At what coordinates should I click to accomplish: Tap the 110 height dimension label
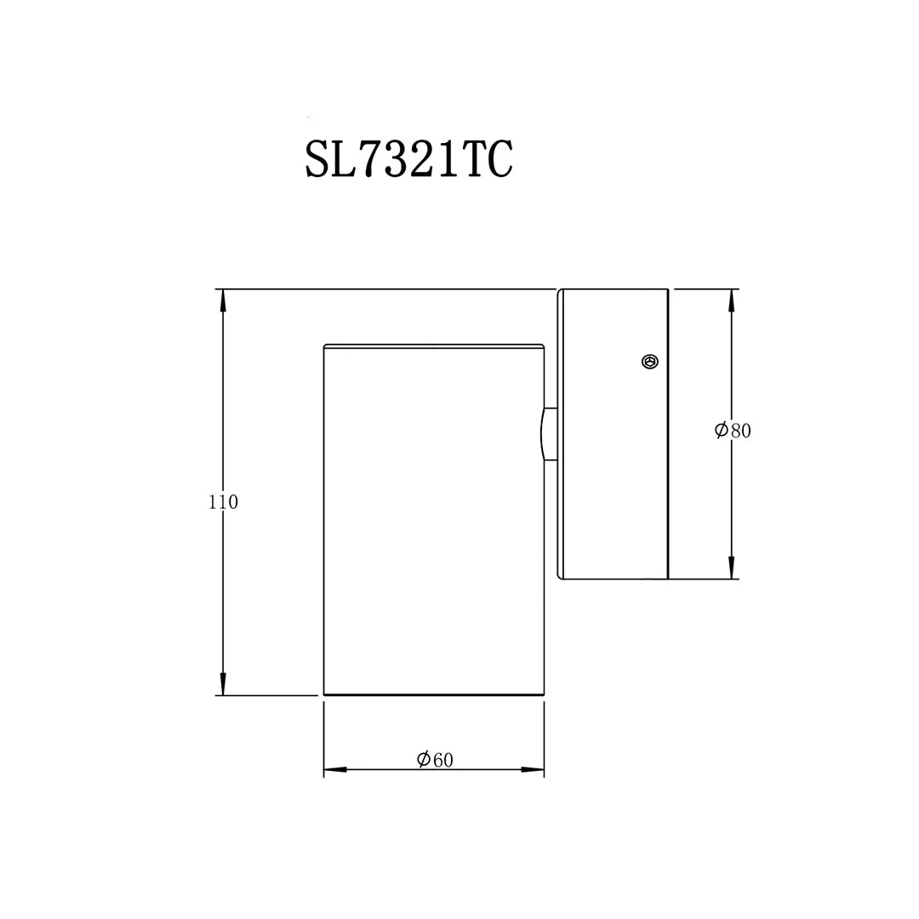coord(223,502)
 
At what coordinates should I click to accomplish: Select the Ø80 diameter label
coord(733,430)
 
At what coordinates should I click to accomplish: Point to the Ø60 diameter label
coord(435,760)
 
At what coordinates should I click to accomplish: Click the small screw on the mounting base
coord(649,362)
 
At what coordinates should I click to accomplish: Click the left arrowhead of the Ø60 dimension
coord(334,770)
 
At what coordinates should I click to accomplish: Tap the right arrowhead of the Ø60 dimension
coord(534,770)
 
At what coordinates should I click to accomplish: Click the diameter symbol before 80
coord(721,430)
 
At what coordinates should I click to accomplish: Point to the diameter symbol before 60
coord(423,760)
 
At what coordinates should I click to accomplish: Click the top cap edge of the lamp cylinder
coord(434,345)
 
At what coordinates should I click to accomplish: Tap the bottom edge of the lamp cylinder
coord(434,694)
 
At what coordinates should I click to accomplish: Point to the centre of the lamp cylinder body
coord(434,519)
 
